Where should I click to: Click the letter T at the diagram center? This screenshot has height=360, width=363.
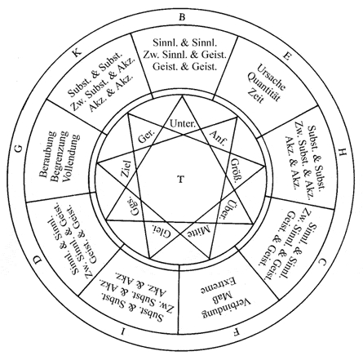pyautogui.click(x=181, y=180)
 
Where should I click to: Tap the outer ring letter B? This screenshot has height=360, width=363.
pyautogui.click(x=182, y=17)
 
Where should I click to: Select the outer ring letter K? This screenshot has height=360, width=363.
pyautogui.click(x=77, y=51)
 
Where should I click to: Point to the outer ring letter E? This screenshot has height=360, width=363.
pyautogui.click(x=286, y=56)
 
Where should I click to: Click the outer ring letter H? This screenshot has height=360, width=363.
pyautogui.click(x=342, y=153)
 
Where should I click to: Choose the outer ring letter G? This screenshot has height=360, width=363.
pyautogui.click(x=19, y=149)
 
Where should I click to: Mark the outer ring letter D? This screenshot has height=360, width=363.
pyautogui.click(x=38, y=260)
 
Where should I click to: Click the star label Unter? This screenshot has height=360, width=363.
pyautogui.click(x=183, y=123)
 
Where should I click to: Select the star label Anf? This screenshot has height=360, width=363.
pyautogui.click(x=217, y=137)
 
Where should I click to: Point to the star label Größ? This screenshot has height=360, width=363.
pyautogui.click(x=236, y=171)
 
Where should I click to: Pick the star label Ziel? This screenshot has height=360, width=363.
pyautogui.click(x=126, y=169)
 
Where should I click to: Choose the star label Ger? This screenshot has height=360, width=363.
pyautogui.click(x=146, y=136)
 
